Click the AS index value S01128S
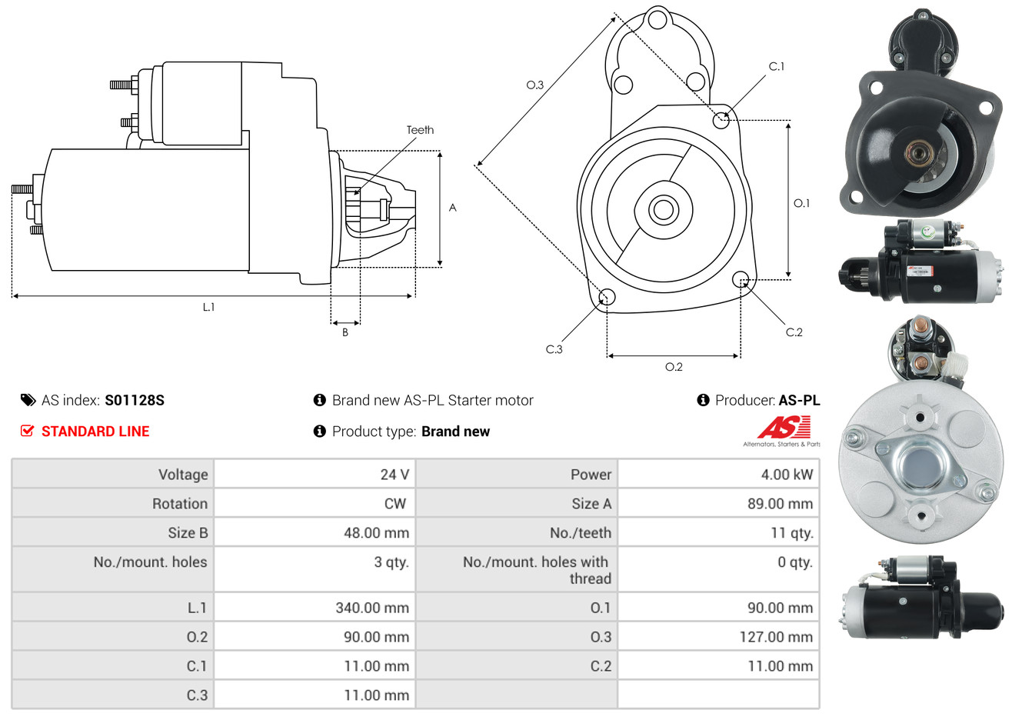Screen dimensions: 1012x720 click(135, 401)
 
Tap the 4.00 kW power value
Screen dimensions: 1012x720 click(787, 475)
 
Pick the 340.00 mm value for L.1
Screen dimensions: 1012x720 click(372, 608)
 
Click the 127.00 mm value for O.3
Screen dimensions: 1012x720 click(776, 637)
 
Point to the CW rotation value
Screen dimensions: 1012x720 click(394, 504)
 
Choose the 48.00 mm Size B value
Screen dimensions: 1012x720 click(376, 533)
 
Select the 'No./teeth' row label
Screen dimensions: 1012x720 click(581, 533)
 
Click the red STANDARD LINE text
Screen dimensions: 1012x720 click(95, 432)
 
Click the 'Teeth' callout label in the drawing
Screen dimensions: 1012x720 click(420, 130)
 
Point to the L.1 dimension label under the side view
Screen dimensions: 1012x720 click(208, 308)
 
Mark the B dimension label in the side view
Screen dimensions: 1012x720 click(345, 332)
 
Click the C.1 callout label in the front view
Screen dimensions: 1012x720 click(777, 66)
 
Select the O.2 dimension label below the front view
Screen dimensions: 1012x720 click(674, 367)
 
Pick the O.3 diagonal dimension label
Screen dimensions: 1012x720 click(535, 85)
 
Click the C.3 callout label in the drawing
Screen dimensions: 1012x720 click(554, 349)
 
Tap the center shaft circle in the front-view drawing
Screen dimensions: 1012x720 click(663, 210)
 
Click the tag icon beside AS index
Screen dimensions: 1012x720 click(28, 401)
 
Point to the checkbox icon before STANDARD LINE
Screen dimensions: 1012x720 click(27, 432)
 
